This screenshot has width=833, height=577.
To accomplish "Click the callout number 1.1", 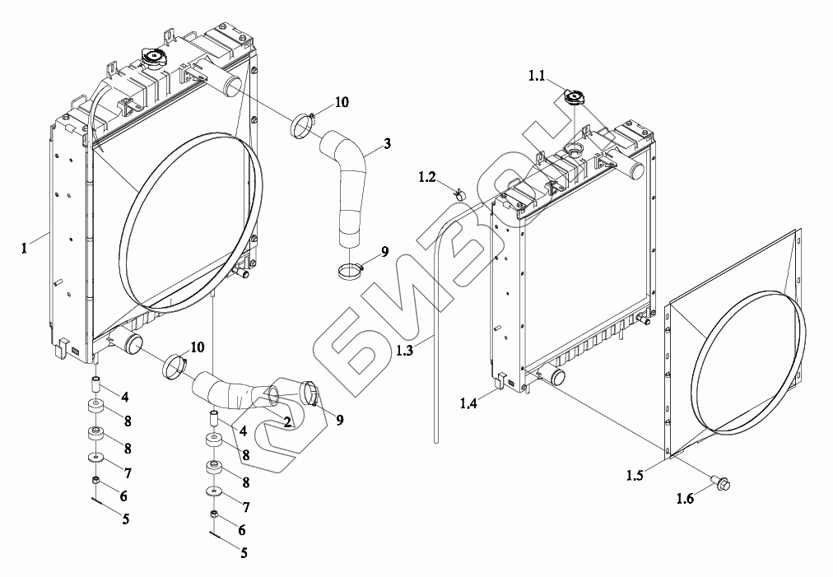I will [537, 77].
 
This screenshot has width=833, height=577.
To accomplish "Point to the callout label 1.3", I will [406, 351].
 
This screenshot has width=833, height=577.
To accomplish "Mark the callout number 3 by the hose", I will [386, 142].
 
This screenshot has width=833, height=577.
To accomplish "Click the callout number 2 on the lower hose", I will [286, 422].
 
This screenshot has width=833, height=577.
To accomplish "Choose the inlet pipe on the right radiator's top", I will [635, 170].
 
